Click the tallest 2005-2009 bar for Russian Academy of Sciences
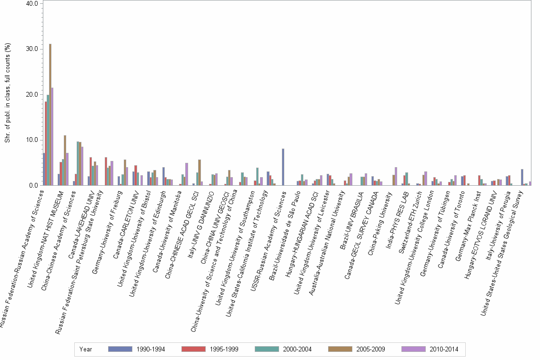tap(50, 114)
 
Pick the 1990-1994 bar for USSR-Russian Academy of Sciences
tap(283, 167)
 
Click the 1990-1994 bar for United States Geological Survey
tap(522, 177)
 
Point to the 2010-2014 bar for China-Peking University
tap(396, 176)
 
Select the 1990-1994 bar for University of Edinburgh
tap(163, 176)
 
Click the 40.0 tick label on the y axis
tap(32, 3)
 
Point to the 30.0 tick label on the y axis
tap(32, 49)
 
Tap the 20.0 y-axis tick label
tap(32, 94)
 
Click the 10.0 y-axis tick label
tap(32, 140)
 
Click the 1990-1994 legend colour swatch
tap(119, 349)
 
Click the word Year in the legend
tap(86, 349)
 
